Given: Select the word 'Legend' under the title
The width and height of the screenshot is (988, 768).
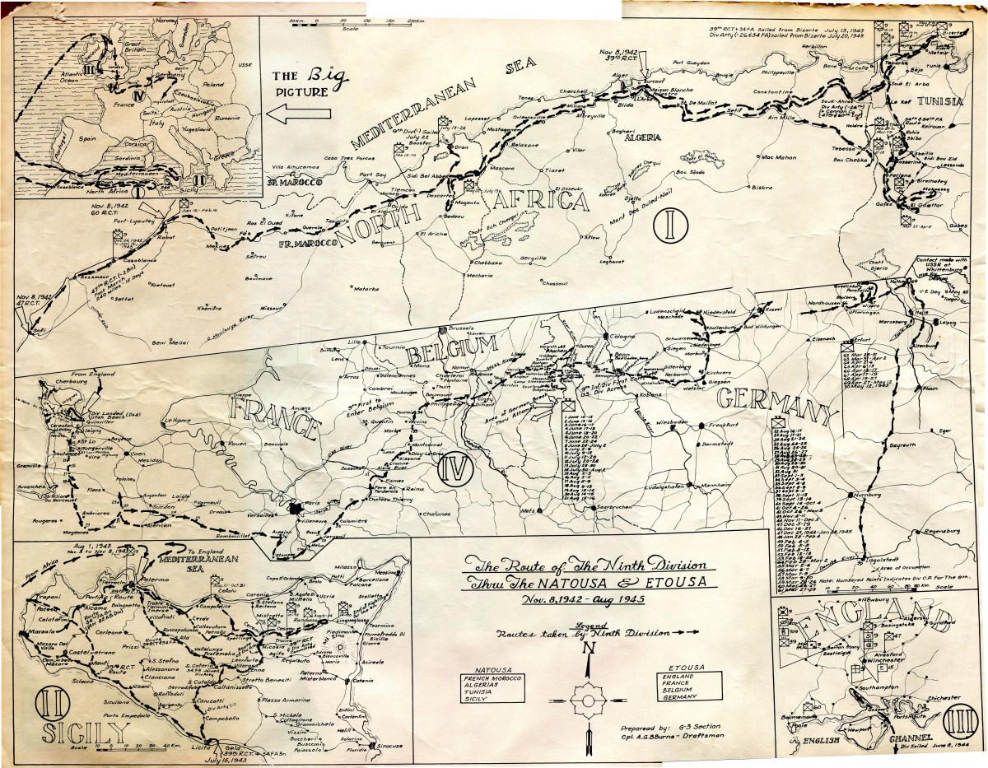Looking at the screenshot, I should pos(588,625).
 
